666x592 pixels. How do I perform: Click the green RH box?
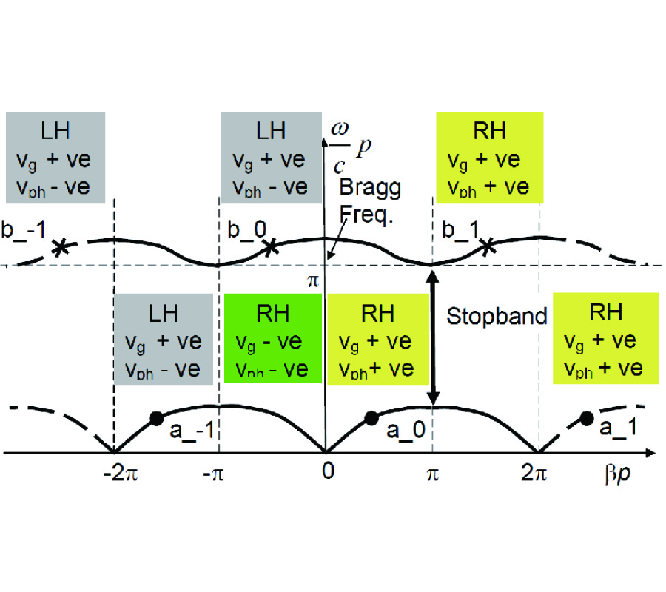[x=272, y=337]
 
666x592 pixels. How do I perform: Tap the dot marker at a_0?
[x=371, y=418]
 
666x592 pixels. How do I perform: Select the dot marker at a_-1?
[x=156, y=418]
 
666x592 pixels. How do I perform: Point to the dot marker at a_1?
[x=587, y=418]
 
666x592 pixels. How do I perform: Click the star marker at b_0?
[x=272, y=248]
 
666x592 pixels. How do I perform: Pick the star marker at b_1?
[x=486, y=248]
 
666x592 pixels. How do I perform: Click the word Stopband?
[x=497, y=317]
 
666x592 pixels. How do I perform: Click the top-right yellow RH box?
[x=489, y=157]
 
